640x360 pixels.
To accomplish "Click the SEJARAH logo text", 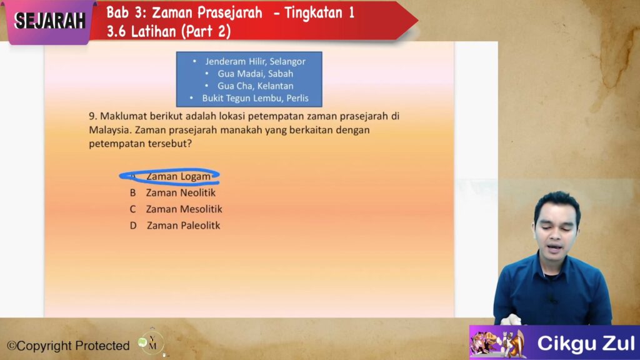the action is (50, 21).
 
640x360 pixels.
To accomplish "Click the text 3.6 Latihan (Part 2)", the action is (169, 31).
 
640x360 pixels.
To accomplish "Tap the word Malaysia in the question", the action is (109, 130).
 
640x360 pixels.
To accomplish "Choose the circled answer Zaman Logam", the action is (178, 176).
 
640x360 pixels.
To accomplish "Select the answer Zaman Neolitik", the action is (181, 192).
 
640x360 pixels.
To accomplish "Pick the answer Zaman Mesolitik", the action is (184, 209).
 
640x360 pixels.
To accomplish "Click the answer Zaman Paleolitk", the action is (183, 225).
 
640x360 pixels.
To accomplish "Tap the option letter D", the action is (133, 226).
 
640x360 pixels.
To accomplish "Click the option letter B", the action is (132, 193).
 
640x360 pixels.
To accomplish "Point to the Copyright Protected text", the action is (68, 346).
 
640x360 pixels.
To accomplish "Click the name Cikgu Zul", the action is (586, 343).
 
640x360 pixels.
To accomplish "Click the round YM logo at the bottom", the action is (151, 343).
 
